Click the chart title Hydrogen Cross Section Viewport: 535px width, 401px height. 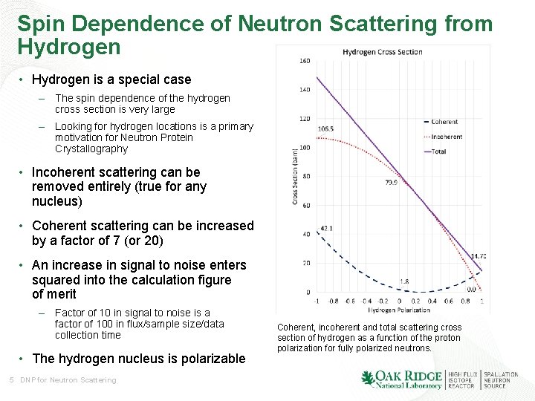click(382, 52)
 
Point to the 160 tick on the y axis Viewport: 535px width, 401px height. click(305, 61)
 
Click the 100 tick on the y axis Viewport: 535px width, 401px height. click(305, 148)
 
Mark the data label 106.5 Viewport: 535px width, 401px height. click(325, 128)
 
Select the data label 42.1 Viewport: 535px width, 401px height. click(325, 229)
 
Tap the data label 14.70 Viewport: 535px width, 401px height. click(479, 256)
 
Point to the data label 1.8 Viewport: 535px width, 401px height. click(404, 281)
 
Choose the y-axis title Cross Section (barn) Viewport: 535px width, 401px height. click(295, 176)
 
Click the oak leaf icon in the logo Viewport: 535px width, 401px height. click(368, 379)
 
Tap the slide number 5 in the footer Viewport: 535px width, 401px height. click(11, 380)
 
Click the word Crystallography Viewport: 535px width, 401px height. click(91, 149)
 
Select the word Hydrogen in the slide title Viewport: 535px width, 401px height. click(68, 48)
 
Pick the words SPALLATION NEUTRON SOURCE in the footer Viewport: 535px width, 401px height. click(501, 380)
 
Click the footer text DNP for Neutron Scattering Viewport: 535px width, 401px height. click(68, 380)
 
